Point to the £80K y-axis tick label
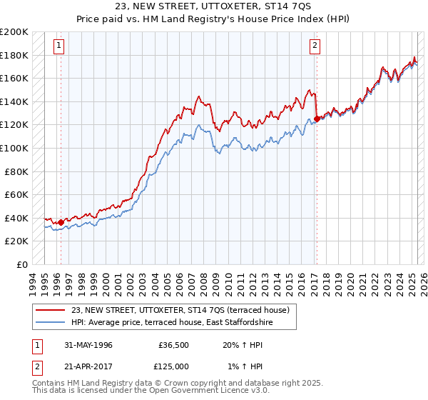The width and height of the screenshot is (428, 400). (16, 171)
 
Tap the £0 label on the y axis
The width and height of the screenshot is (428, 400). (23, 264)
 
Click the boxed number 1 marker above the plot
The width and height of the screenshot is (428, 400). (60, 46)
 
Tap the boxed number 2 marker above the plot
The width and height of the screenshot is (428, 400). (315, 46)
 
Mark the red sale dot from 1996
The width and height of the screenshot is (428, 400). (61, 222)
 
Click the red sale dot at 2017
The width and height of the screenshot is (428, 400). (316, 119)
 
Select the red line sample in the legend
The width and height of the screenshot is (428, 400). (51, 310)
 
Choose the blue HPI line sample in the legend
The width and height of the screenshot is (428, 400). (51, 322)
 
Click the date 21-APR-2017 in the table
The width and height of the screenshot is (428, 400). (87, 366)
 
